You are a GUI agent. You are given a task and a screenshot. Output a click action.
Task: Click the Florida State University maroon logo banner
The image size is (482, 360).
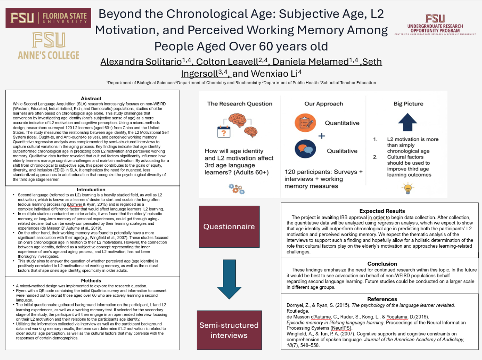click(48, 18)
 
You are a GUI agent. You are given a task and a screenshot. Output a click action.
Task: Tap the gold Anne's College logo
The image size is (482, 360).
click(49, 46)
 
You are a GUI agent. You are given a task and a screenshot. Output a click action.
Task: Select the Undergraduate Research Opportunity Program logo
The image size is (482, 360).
click(435, 25)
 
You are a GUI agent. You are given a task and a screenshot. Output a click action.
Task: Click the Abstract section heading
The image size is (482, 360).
click(91, 99)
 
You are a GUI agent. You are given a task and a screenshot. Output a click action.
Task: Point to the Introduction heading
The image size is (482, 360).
click(91, 190)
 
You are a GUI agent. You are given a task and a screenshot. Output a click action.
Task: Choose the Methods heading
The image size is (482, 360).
click(91, 281)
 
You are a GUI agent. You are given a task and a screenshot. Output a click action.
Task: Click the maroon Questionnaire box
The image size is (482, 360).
click(229, 227)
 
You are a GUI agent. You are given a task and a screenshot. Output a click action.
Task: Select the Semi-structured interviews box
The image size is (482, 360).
click(229, 330)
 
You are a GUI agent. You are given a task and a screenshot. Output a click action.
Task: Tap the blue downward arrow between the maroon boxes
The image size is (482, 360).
click(229, 279)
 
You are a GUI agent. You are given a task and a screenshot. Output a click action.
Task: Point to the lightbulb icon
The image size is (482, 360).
click(408, 188)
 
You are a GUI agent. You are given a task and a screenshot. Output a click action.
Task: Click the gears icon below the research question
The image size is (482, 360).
click(237, 189)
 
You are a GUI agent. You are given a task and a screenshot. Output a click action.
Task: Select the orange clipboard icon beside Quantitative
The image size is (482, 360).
click(305, 122)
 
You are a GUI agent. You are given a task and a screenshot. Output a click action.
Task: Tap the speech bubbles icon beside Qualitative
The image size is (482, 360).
click(305, 149)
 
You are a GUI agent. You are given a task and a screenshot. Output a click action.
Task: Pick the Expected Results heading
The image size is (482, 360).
click(382, 211)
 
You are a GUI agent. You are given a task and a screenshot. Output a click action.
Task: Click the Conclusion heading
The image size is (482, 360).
click(382, 264)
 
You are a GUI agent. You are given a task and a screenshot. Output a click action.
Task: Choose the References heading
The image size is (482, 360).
click(382, 299)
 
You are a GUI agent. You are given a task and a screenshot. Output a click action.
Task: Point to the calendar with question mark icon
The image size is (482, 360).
click(224, 131)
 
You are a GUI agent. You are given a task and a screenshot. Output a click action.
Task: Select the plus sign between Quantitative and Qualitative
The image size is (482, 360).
click(322, 136)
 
